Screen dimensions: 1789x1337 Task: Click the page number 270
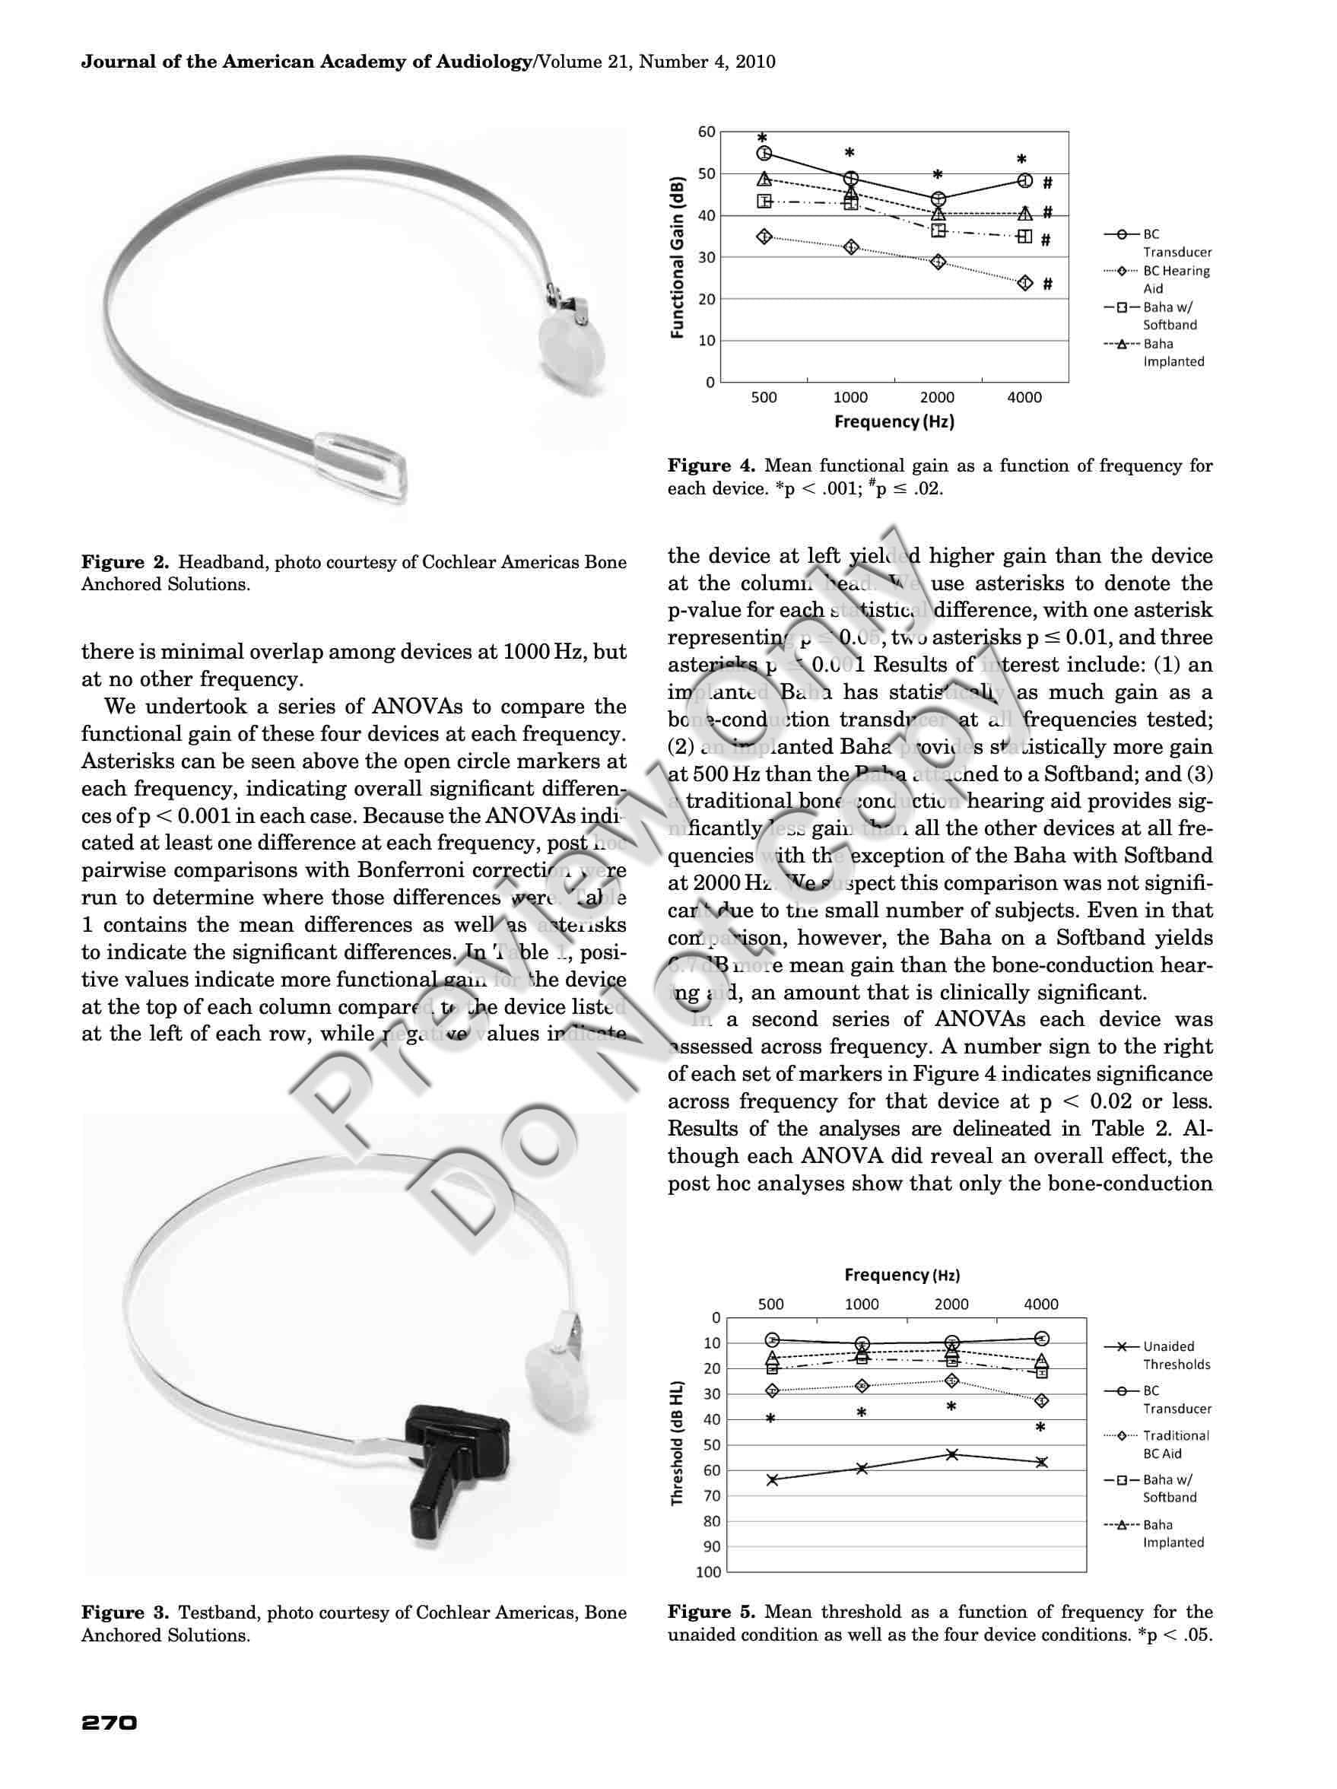click(110, 1718)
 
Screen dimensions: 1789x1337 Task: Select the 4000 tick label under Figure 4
click(1024, 397)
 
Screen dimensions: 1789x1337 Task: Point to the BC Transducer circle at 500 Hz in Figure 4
click(764, 153)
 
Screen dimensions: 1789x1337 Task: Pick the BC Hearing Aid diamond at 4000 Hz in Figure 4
click(1024, 283)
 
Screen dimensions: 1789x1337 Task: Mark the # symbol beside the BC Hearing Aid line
click(1047, 284)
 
